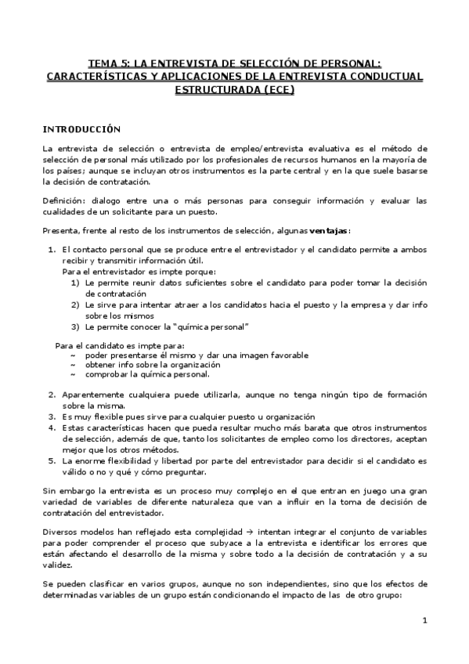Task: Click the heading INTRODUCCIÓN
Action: pos(81,128)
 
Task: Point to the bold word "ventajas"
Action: pos(329,230)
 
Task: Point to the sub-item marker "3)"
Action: pos(76,326)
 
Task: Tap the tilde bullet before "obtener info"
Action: pos(73,365)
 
